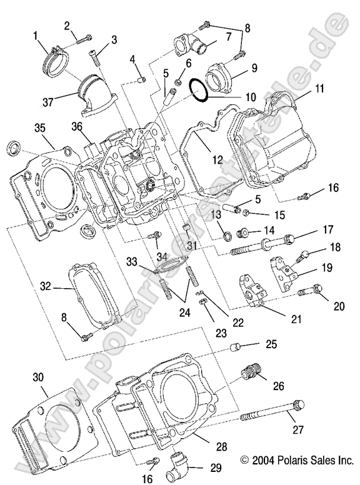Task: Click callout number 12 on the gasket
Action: coord(216,161)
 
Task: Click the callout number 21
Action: coord(296,319)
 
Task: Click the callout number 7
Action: coord(229,37)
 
